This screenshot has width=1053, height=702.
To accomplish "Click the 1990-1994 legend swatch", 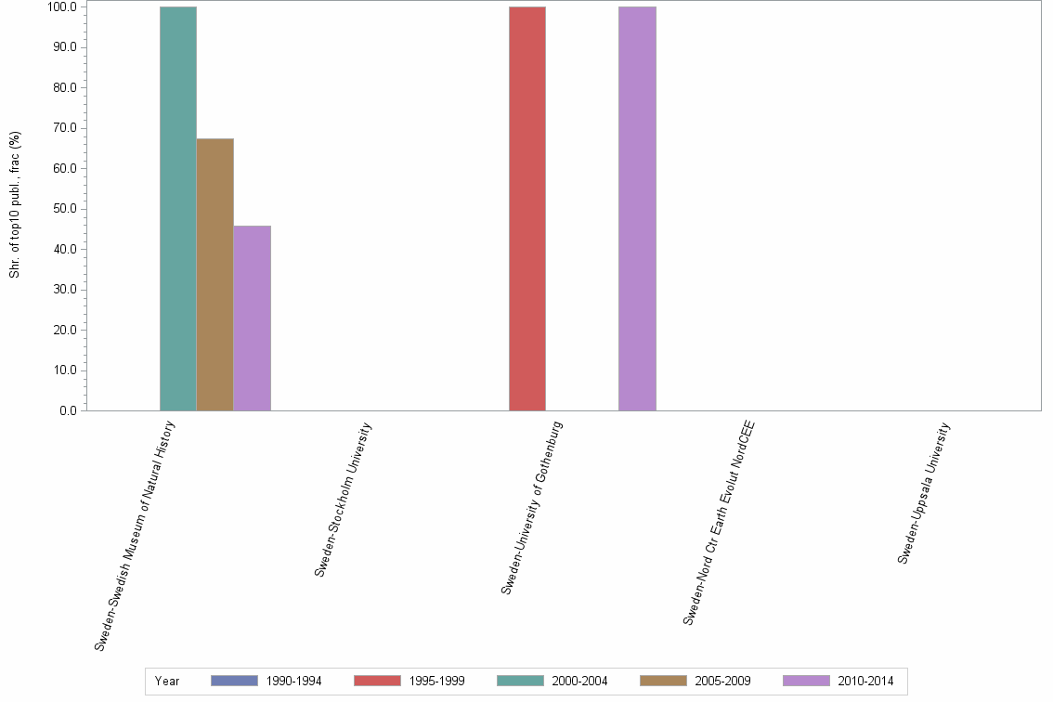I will click(234, 681).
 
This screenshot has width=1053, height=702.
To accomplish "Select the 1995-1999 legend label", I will click(436, 682).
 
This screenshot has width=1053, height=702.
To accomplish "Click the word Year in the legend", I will click(167, 682).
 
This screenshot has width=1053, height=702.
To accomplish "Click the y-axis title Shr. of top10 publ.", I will click(15, 204).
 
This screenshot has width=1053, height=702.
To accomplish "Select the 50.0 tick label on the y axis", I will click(65, 209).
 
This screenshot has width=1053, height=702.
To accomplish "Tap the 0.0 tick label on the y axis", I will click(68, 410).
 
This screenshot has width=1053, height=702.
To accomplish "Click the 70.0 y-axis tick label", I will click(65, 128).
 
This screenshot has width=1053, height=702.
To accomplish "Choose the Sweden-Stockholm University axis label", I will click(344, 500).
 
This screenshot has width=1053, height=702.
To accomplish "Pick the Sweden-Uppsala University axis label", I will click(924, 493).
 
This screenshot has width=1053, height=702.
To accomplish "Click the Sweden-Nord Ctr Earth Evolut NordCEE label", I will click(719, 523).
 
